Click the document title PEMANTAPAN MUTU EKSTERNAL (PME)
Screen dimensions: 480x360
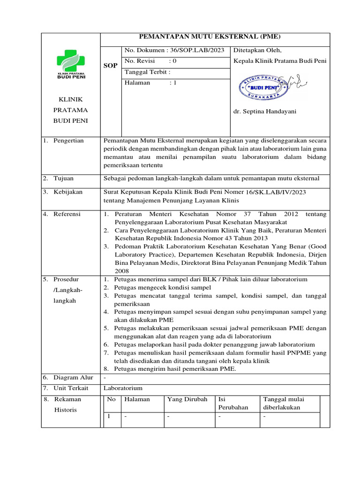click(x=215, y=38)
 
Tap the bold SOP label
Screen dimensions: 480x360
click(x=110, y=66)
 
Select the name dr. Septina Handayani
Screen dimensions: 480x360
click(x=265, y=112)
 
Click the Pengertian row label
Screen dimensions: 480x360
click(x=68, y=140)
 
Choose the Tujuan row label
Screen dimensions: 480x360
click(x=64, y=178)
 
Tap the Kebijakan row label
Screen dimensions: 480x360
click(x=68, y=192)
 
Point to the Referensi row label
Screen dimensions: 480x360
click(x=67, y=214)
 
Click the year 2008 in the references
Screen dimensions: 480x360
click(x=121, y=271)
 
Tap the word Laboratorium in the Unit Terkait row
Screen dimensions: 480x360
click(x=122, y=388)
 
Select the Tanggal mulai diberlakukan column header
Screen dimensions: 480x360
click(x=284, y=403)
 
